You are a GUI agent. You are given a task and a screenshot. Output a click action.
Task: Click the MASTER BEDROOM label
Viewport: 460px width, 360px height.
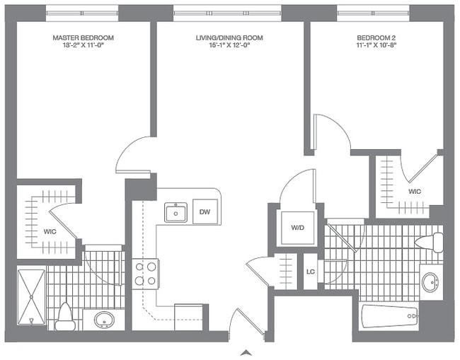(x=84, y=37)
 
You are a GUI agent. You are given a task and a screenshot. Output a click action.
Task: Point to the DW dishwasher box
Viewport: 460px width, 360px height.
(x=205, y=211)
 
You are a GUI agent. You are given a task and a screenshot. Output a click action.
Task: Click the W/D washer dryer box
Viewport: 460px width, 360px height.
(x=297, y=228)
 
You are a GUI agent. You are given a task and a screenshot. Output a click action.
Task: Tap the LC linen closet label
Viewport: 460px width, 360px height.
(x=311, y=272)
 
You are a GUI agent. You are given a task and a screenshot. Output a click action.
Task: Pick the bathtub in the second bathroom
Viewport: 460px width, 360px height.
(x=389, y=316)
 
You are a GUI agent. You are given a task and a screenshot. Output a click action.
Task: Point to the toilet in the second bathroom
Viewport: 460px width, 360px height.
(x=430, y=243)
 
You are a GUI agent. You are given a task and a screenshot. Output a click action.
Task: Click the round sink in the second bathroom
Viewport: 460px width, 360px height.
(x=431, y=282)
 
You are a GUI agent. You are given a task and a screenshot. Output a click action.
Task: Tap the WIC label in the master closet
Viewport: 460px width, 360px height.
(x=50, y=231)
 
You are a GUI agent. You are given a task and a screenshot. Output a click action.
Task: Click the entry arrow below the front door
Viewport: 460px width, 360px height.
(x=246, y=352)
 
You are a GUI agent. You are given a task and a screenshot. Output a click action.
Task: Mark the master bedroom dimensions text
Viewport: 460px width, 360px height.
(x=84, y=46)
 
